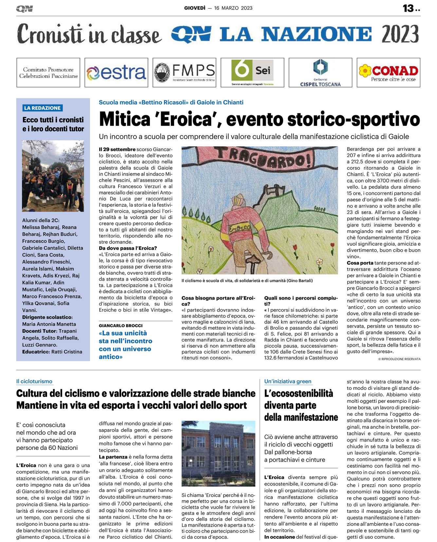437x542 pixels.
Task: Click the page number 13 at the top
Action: (408, 8)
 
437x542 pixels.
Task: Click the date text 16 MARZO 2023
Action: (233, 8)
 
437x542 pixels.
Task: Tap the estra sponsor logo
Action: (116, 73)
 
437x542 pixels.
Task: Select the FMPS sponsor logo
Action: (184, 73)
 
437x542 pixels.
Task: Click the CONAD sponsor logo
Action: (388, 73)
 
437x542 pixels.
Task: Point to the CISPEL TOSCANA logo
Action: (320, 73)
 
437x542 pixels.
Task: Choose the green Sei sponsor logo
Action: (252, 73)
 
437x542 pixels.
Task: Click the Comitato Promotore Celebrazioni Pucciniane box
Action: (48, 73)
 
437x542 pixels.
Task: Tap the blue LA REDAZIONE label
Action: (43, 108)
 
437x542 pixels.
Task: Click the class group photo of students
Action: (53, 176)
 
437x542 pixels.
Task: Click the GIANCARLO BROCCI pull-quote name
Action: (121, 325)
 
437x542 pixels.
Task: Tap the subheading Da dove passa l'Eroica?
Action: (128, 248)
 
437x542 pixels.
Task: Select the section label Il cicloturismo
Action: (34, 381)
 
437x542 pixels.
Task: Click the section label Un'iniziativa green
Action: (288, 381)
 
